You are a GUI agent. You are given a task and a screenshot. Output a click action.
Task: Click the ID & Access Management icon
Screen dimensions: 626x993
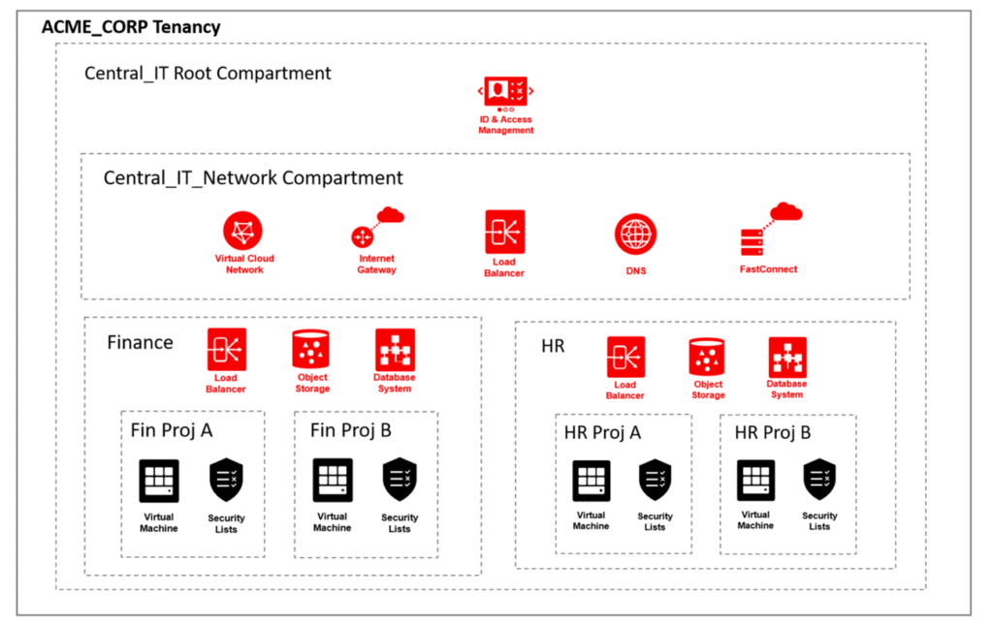tap(505, 92)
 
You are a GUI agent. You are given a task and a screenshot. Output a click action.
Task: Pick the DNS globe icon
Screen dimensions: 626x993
tap(635, 234)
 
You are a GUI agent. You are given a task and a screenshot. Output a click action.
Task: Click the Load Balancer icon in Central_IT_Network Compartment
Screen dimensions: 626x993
tap(504, 232)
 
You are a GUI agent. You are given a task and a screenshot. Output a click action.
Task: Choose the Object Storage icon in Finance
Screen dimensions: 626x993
tap(311, 349)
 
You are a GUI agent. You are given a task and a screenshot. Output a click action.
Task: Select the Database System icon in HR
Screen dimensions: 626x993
tap(787, 357)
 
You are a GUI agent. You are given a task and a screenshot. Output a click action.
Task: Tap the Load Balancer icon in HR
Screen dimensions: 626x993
tap(625, 357)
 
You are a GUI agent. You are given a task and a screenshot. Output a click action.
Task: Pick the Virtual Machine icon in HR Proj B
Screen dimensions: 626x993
tap(755, 480)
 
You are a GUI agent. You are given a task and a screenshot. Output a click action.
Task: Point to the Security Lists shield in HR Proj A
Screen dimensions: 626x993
tap(656, 480)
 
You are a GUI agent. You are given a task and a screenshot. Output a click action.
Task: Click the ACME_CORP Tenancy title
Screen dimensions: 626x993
tap(131, 26)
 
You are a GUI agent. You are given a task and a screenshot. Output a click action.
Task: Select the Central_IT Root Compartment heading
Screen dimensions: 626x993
tap(208, 73)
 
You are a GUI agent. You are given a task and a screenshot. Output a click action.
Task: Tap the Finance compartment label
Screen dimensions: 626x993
tap(140, 342)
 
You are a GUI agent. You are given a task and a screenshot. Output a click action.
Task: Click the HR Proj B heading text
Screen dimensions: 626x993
tap(773, 432)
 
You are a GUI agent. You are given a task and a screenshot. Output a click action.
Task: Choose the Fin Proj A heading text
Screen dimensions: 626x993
tap(172, 429)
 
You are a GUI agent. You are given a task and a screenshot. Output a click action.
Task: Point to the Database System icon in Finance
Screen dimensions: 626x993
tap(395, 349)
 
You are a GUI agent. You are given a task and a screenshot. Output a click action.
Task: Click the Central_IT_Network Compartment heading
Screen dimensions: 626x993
tap(253, 178)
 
